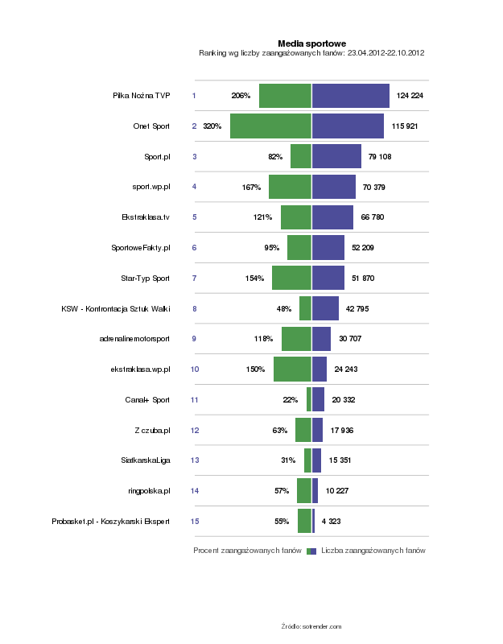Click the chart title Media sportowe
311,43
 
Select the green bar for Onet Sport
270,126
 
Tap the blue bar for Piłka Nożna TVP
350,96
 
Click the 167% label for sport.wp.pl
251,188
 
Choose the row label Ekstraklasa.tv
146,217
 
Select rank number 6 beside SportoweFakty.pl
194,248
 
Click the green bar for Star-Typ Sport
291,278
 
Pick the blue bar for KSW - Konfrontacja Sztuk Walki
325,308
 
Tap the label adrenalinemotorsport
134,339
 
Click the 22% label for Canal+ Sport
291,400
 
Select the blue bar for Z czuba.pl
317,431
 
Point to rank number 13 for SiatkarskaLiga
195,460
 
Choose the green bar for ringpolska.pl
303,491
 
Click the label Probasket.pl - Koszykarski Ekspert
110,522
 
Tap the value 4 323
331,522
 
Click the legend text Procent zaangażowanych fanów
247,551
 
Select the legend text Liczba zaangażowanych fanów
373,551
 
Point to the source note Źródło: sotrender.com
311,625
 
